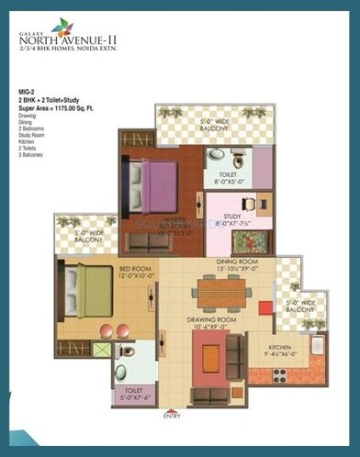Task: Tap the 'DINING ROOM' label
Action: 236,263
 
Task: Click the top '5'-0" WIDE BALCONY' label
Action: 216,121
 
